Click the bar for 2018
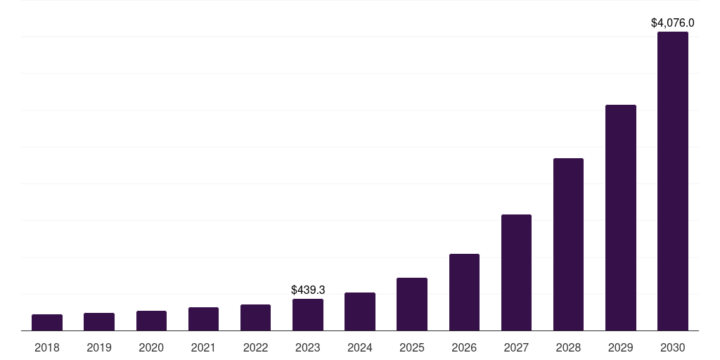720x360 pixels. click(47, 322)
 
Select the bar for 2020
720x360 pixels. click(151, 321)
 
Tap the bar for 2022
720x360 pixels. click(255, 317)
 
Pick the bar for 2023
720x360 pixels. click(308, 314)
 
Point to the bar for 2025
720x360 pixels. click(412, 304)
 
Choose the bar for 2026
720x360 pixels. click(464, 292)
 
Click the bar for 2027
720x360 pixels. click(516, 272)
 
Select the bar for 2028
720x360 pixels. click(568, 244)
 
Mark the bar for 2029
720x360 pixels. click(621, 217)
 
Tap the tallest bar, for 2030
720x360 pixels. click(673, 181)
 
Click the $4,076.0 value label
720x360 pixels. click(673, 23)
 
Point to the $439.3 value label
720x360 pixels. click(308, 290)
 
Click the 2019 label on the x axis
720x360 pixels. click(99, 347)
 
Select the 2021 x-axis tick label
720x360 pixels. click(203, 347)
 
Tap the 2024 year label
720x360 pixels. click(360, 347)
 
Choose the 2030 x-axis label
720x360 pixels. click(673, 347)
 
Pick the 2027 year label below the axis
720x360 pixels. click(516, 347)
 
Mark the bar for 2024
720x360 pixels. click(360, 311)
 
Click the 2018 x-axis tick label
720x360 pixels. click(47, 347)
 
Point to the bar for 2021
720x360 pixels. click(203, 319)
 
